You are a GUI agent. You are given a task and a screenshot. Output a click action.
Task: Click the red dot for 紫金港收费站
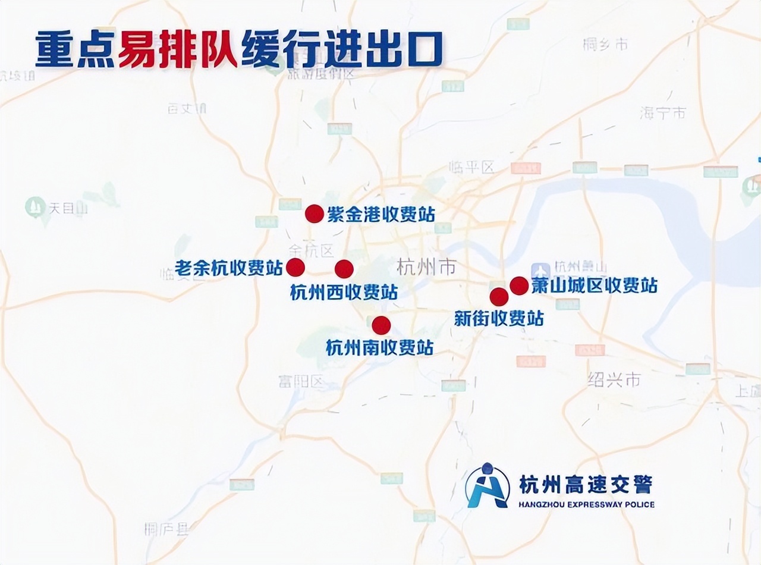point(314,214)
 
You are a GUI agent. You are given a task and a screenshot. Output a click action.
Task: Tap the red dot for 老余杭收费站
point(295,268)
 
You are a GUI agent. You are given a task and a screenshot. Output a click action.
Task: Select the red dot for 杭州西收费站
point(344,269)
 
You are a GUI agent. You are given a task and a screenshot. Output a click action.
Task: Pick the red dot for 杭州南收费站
point(381,325)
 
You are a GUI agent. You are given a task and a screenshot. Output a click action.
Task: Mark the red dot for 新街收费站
point(499,297)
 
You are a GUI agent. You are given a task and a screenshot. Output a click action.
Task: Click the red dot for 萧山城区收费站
point(519,285)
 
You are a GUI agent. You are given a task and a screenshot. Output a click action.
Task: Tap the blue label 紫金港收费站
point(381,214)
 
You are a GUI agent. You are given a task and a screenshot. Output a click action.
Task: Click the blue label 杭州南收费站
point(379,347)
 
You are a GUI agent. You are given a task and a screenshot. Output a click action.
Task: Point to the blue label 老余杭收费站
point(229,268)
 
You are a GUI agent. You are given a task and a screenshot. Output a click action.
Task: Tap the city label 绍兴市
point(614,379)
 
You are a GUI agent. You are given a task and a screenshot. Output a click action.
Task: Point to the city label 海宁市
point(663,112)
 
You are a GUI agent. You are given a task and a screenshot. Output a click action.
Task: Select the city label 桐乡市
point(605,44)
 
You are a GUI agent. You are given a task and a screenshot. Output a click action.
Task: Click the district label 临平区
point(473,167)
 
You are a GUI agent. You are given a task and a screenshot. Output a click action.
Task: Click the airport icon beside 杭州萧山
point(541,270)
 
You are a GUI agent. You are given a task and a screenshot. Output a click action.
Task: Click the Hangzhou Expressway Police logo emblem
point(488,486)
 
